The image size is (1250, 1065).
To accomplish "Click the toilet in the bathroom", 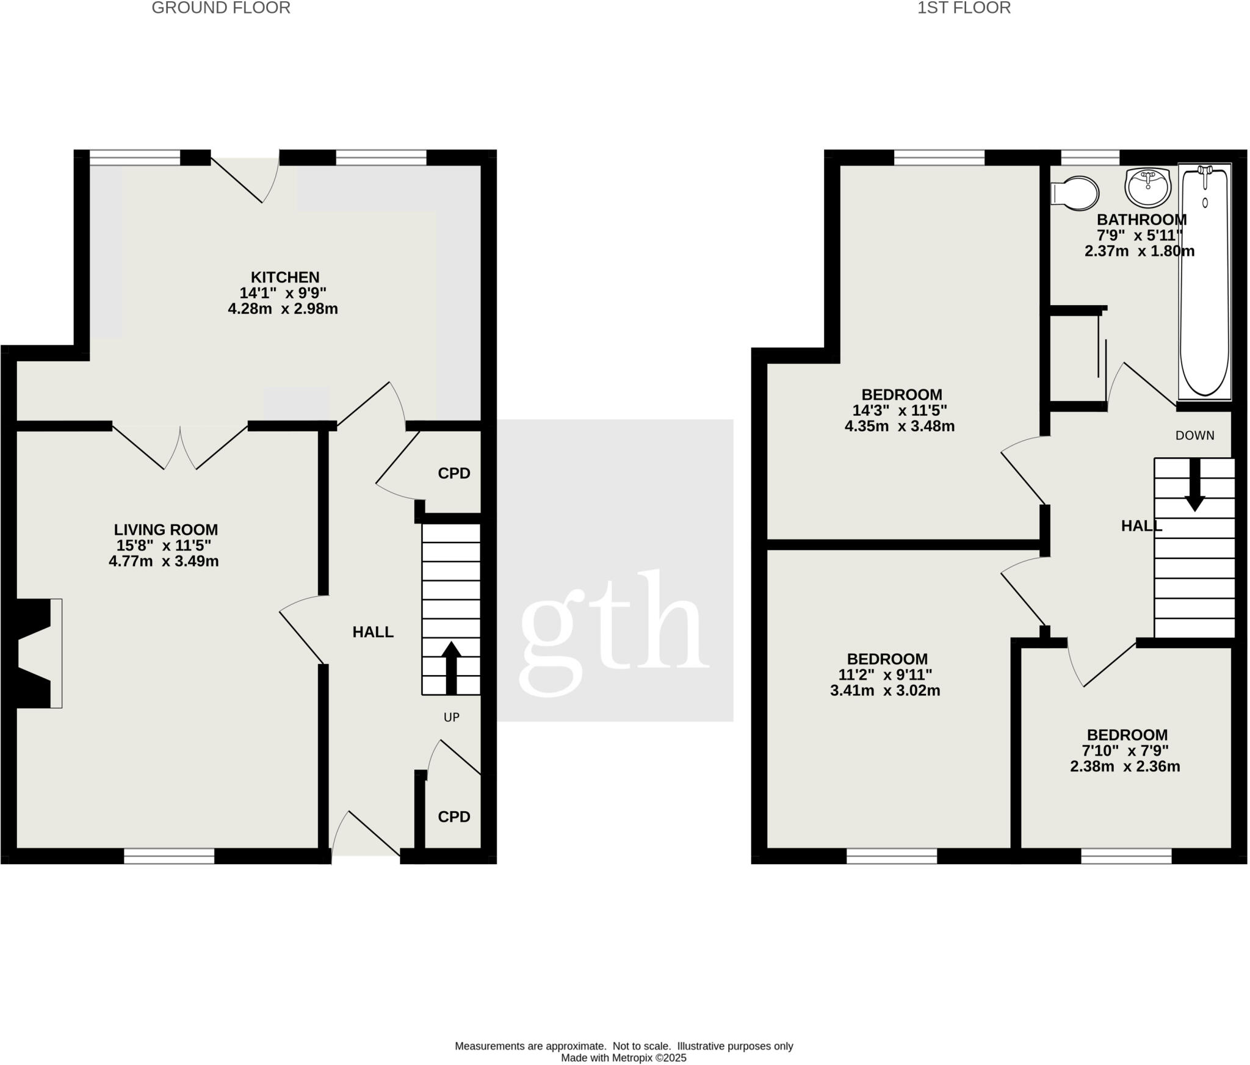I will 1075,193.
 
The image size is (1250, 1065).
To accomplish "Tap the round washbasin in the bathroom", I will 1148,187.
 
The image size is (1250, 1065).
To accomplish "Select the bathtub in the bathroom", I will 1204,282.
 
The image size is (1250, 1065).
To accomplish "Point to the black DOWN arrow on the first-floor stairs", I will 1194,485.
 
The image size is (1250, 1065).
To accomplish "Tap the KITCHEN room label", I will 285,277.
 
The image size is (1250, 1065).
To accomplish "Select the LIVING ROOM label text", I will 165,530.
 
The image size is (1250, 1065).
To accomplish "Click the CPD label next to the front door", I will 454,817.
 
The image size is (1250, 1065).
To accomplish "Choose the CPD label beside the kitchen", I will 454,473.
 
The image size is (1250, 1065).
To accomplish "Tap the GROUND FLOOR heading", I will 221,8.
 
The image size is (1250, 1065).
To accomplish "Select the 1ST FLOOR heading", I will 964,8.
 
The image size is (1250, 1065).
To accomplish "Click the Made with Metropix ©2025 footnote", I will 623,1058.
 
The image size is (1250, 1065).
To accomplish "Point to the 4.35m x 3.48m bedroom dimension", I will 899,426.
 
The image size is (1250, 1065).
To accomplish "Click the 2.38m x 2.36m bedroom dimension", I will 1124,766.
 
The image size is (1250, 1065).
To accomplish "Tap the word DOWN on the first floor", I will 1194,435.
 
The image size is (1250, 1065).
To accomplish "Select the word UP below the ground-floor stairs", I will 451,717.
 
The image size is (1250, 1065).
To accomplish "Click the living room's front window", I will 169,856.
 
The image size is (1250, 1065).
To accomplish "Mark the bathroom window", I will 1090,158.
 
